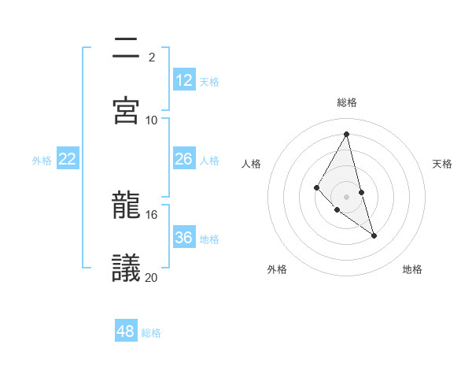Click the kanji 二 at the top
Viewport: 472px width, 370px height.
click(x=127, y=49)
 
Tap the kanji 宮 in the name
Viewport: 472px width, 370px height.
click(x=127, y=110)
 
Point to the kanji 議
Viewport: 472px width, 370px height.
click(x=127, y=268)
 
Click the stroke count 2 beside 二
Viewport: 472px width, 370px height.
click(x=151, y=57)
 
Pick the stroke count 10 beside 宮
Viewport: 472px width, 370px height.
click(x=152, y=120)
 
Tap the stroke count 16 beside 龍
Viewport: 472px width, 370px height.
click(x=152, y=214)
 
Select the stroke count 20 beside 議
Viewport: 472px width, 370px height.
click(x=152, y=276)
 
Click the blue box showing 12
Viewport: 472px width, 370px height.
click(x=184, y=80)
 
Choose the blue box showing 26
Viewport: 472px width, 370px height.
click(x=184, y=159)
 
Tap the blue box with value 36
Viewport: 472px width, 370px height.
click(x=184, y=238)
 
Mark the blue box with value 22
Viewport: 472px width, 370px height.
click(x=68, y=159)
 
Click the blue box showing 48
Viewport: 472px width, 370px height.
click(x=126, y=331)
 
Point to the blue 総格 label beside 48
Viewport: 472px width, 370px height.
click(x=151, y=333)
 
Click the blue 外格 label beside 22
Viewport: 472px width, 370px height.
click(x=42, y=161)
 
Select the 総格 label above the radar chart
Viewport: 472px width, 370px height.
click(x=347, y=102)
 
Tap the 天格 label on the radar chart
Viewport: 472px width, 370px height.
click(x=443, y=164)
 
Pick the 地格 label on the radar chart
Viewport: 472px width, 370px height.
click(x=412, y=269)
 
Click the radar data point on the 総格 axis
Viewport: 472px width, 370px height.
click(x=347, y=134)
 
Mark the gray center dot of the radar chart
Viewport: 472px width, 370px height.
click(x=346, y=196)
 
